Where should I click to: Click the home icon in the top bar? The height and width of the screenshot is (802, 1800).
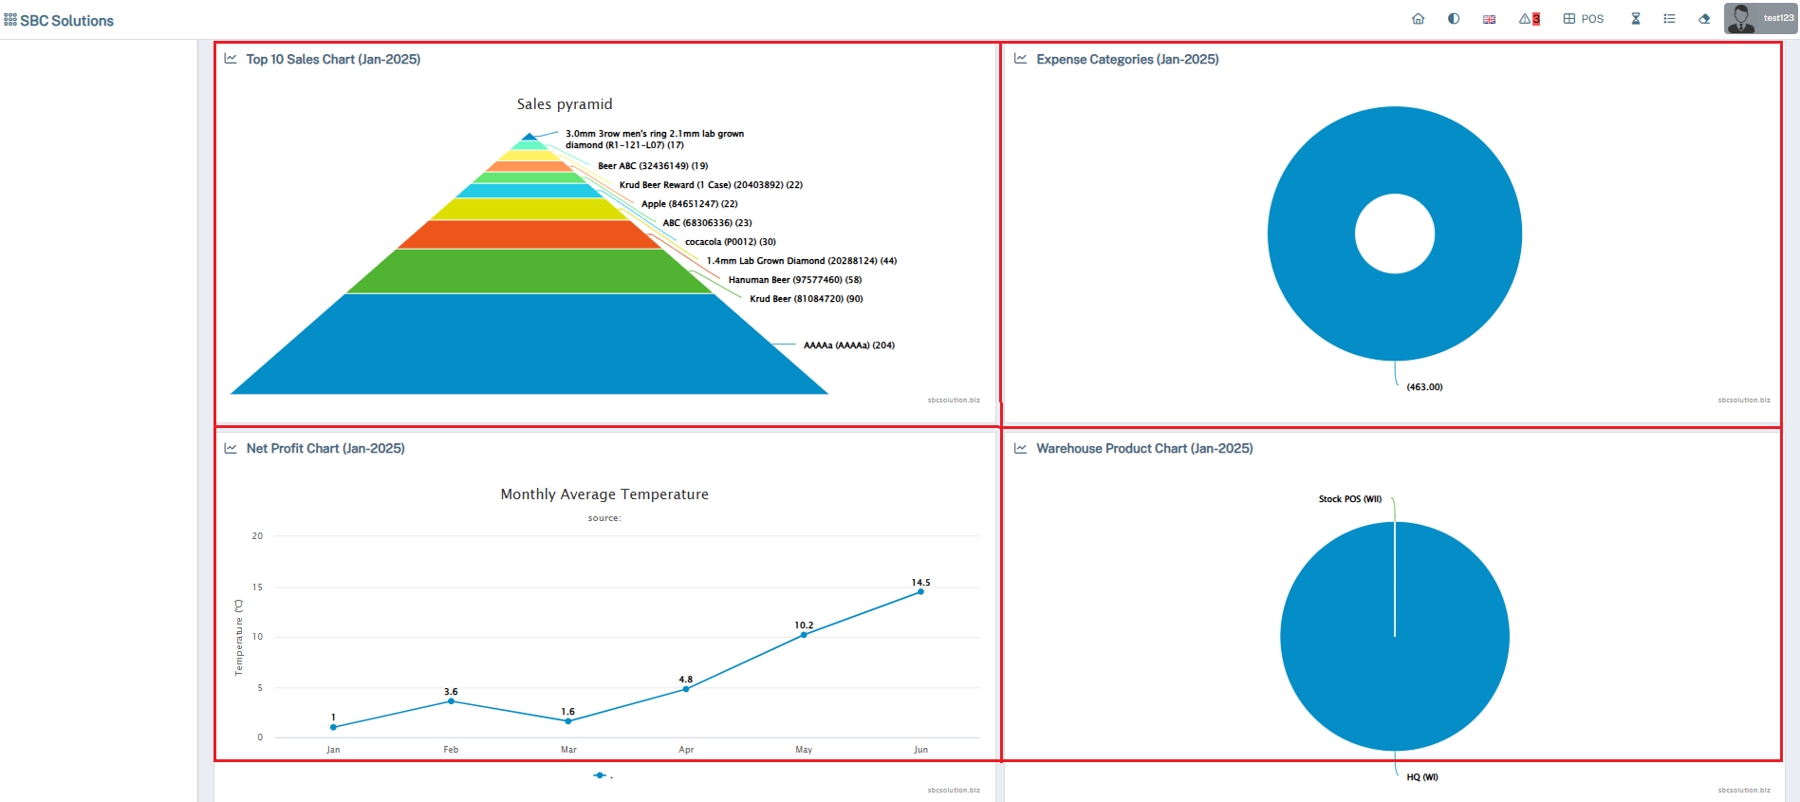[1418, 19]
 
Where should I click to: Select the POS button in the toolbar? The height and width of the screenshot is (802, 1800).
[1584, 19]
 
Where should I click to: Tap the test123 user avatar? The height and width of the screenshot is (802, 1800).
[1740, 18]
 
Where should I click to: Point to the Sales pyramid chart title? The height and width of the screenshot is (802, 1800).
[565, 104]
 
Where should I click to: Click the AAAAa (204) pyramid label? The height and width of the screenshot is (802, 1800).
[848, 345]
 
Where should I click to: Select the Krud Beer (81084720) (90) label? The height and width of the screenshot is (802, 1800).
[806, 299]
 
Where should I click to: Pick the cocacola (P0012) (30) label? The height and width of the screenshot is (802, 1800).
[730, 242]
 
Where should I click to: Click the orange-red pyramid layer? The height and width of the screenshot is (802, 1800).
[529, 234]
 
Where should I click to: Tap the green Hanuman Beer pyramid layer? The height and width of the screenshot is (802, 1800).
[529, 271]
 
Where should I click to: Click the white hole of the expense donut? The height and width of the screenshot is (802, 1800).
[1394, 233]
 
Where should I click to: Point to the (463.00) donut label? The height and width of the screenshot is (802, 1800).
[1424, 387]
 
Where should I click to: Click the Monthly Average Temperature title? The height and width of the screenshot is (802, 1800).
[604, 494]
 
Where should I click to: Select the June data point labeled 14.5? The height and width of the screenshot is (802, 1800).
[920, 591]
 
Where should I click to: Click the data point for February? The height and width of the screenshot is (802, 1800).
[451, 701]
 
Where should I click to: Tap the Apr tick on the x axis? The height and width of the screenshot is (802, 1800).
[686, 750]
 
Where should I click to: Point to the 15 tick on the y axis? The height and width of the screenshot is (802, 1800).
[257, 588]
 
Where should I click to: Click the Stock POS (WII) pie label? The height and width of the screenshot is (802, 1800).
[1349, 499]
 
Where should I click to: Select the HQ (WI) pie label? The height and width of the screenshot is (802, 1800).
[1421, 777]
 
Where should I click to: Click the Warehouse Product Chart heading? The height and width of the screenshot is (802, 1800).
[1143, 449]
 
